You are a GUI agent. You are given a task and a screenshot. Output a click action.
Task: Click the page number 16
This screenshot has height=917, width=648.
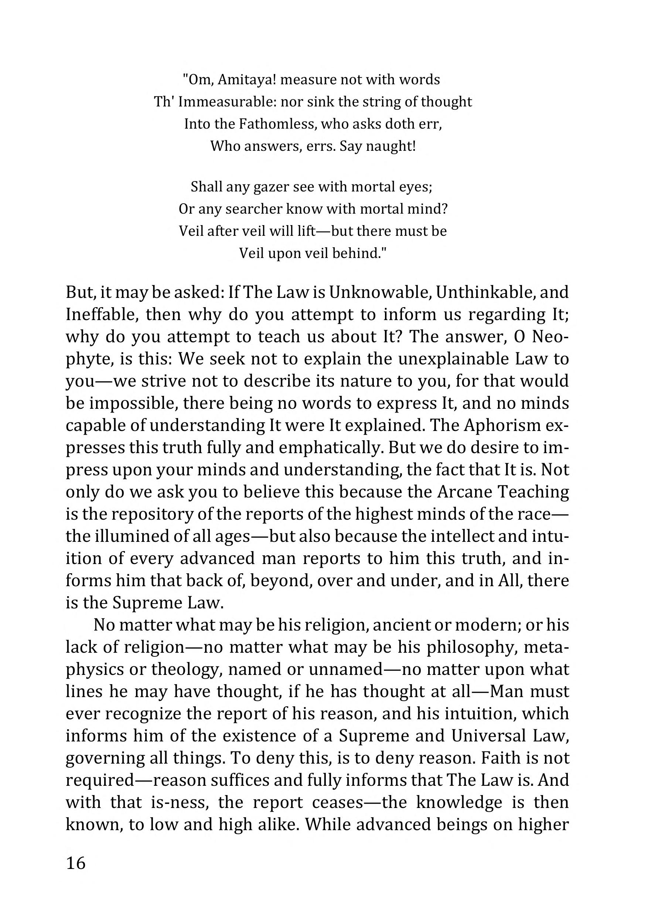(76, 863)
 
